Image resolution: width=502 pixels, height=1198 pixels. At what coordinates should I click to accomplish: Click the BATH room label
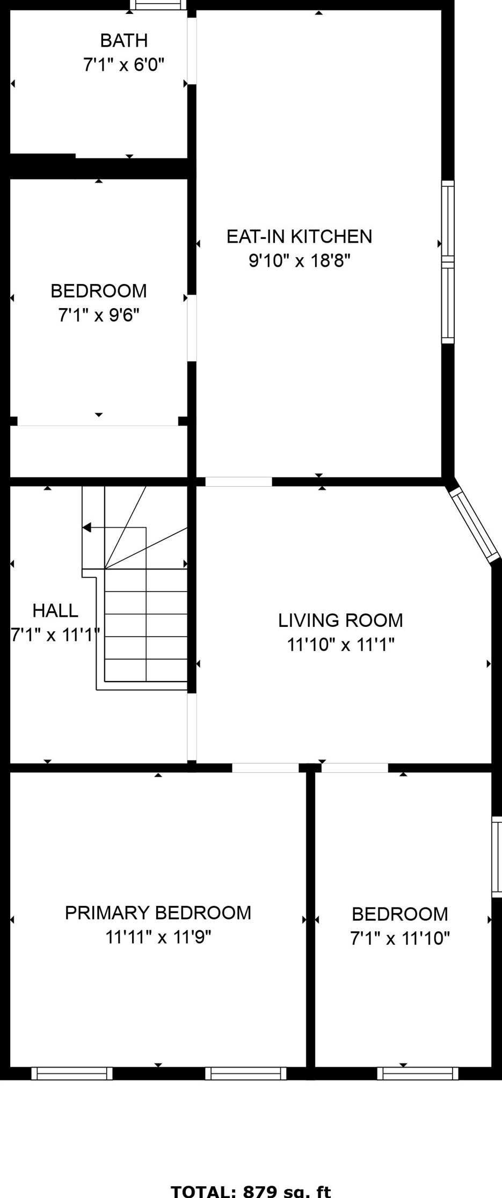[123, 40]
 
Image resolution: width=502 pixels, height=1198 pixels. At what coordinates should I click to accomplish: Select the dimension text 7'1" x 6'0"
[123, 65]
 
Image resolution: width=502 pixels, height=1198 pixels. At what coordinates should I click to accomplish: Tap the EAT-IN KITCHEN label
[299, 236]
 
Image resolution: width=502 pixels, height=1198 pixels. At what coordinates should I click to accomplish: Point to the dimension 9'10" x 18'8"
[299, 261]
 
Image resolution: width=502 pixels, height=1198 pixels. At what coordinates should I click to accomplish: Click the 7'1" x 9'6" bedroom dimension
[99, 315]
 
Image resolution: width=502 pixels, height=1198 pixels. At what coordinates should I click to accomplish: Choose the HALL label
[55, 610]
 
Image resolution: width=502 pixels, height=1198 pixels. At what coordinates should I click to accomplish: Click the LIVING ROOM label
[340, 620]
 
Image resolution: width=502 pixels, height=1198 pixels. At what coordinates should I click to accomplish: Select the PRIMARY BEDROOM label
[158, 912]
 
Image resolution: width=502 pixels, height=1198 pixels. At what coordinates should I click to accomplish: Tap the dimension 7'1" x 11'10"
[400, 938]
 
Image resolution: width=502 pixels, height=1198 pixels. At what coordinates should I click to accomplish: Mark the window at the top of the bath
[158, 5]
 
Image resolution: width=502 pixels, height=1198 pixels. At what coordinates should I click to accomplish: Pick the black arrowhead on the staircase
[86, 528]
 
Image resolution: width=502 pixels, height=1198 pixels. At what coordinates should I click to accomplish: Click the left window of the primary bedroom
[72, 1073]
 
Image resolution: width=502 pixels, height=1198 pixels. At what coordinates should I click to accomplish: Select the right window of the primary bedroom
[246, 1073]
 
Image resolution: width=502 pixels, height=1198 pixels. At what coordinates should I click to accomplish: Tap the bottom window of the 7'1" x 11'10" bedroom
[418, 1073]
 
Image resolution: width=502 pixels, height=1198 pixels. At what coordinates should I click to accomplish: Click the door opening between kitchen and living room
[238, 481]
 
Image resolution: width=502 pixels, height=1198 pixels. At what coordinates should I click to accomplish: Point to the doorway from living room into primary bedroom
[265, 768]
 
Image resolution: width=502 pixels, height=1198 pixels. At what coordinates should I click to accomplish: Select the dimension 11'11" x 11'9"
[158, 937]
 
